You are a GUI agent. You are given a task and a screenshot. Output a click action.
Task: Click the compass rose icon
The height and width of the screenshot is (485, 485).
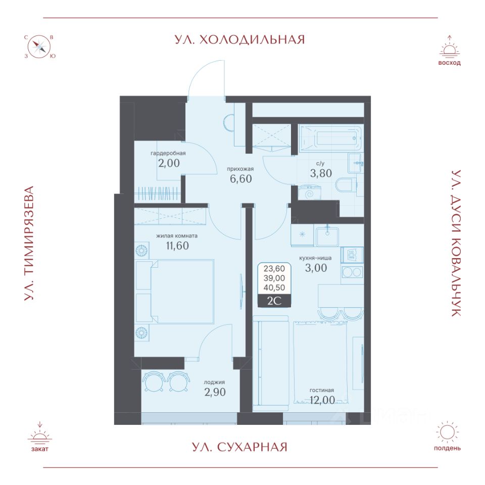point(40,47)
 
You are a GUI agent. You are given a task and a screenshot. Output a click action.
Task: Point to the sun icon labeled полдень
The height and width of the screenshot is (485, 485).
point(447,432)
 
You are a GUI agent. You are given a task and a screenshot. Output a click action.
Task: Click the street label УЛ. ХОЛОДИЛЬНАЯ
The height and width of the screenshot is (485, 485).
point(239,39)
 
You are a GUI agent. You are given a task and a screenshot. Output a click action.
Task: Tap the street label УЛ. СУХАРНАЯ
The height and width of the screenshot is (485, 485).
point(239,447)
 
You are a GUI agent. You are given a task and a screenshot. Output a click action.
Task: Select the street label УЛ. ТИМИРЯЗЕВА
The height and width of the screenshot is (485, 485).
point(29,243)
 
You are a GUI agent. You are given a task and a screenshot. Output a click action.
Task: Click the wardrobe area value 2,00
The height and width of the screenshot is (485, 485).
point(169,163)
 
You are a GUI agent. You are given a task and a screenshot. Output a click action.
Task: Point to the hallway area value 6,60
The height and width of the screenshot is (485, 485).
point(240,178)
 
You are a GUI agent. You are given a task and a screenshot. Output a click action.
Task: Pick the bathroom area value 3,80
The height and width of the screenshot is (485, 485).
point(321,173)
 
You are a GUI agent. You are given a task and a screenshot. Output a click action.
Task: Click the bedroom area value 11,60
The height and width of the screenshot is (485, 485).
point(177,246)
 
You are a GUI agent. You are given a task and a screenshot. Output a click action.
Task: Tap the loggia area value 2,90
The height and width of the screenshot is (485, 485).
point(215,392)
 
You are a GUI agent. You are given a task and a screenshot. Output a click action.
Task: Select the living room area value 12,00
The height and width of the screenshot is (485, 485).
point(322,400)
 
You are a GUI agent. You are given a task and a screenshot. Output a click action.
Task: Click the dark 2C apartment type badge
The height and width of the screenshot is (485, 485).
point(274,301)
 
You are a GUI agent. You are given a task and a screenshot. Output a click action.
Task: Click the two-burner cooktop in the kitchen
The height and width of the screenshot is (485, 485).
point(352,272)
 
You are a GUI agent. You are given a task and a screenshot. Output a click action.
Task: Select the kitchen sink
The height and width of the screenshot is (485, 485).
point(327,236)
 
